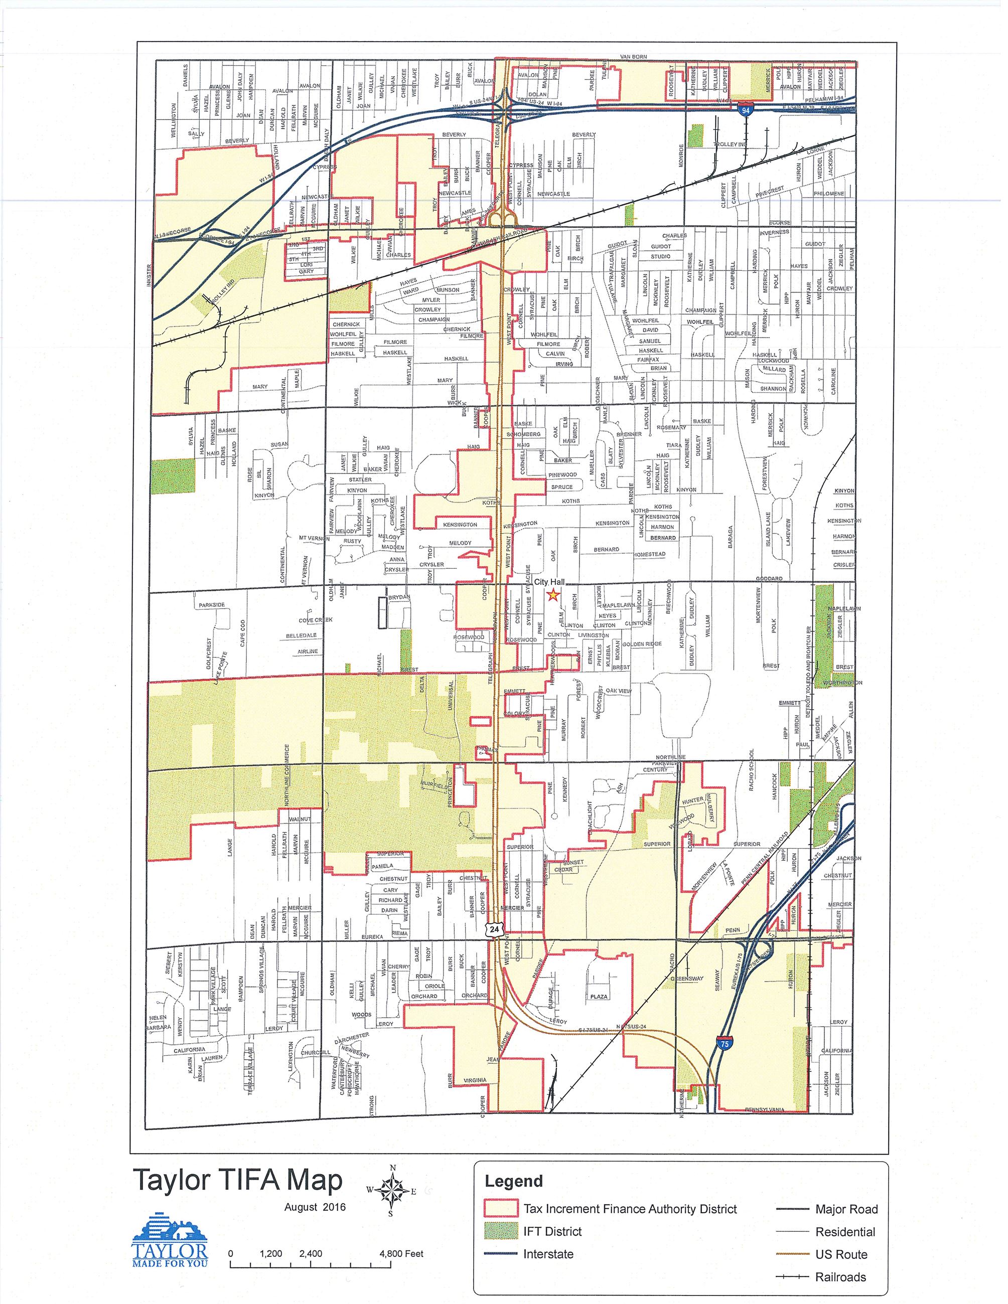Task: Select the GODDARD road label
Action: (x=769, y=579)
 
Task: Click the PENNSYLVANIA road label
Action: (x=765, y=1110)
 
